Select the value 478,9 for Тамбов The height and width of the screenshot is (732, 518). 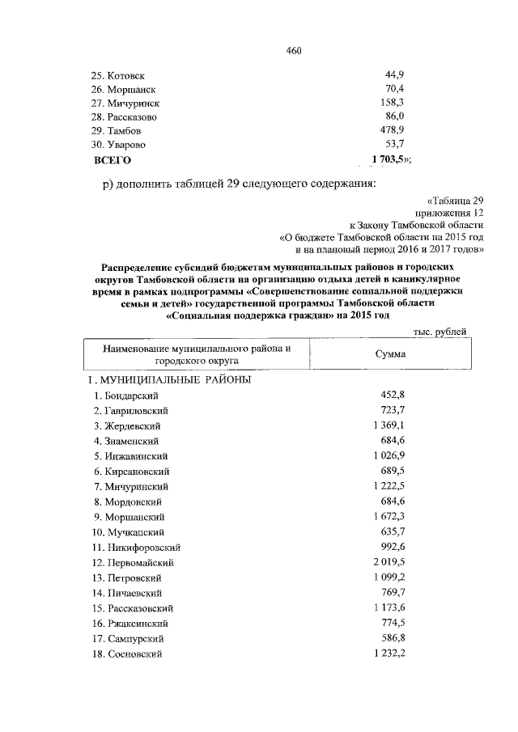[x=392, y=130]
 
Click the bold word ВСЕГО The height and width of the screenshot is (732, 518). [x=113, y=160]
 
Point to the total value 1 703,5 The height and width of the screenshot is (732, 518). [x=387, y=160]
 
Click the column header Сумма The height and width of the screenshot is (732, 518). [x=391, y=354]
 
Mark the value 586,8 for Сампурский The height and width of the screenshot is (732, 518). [x=392, y=637]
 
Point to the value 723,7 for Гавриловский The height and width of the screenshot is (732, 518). [x=392, y=410]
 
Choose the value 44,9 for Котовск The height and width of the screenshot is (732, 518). [x=394, y=75]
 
